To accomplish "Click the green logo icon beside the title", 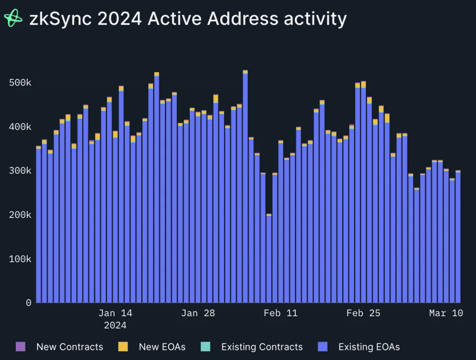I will (13, 18).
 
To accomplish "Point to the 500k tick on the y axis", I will (20, 83).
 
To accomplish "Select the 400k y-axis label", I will (20, 127).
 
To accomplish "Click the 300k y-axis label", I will (20, 171).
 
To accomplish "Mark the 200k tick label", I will (20, 215).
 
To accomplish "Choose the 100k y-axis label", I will (20, 259).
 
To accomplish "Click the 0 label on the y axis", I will (29, 303).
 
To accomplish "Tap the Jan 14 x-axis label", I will (115, 313).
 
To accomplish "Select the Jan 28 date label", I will (198, 313).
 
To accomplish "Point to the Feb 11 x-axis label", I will (280, 313).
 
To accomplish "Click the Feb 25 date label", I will (363, 313).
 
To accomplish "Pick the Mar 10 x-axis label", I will (446, 313).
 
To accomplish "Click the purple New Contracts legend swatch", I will (20, 347).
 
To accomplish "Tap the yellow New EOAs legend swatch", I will (123, 347).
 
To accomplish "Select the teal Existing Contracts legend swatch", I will (205, 347).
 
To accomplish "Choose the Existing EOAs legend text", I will (369, 347).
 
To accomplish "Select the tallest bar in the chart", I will (245, 186).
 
